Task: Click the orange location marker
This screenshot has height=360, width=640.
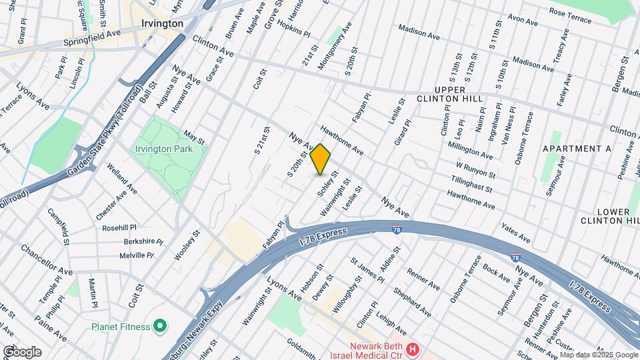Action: click(321, 159)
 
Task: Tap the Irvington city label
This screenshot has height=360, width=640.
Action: click(162, 23)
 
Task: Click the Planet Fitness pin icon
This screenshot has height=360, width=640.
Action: click(159, 326)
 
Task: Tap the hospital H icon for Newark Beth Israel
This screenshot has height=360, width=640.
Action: click(413, 349)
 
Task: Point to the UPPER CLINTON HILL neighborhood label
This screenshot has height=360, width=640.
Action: click(458, 94)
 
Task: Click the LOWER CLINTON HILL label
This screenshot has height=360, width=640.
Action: click(605, 216)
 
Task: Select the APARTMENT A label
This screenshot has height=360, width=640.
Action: click(577, 149)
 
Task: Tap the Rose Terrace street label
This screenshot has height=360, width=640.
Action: click(570, 15)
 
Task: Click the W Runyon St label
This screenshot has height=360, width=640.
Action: click(475, 170)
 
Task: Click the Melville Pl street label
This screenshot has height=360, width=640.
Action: click(137, 255)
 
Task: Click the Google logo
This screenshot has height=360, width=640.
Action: click(21, 351)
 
